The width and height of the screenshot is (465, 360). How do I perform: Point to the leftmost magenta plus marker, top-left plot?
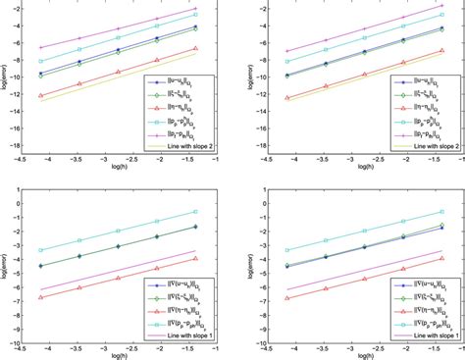[40, 47]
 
